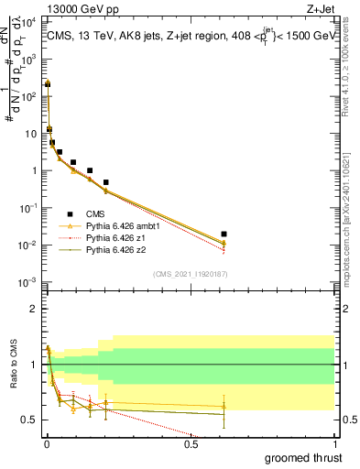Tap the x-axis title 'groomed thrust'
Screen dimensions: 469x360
pyautogui.click(x=304, y=457)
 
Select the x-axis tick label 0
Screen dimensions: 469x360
pyautogui.click(x=47, y=446)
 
